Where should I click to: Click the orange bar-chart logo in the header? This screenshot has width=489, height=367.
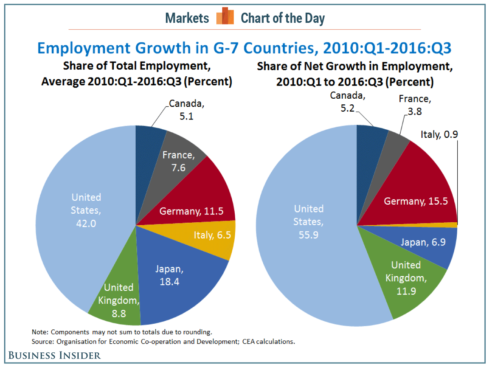[225, 17]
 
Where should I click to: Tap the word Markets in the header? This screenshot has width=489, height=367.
[187, 18]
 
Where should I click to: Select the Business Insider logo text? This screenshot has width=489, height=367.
[54, 355]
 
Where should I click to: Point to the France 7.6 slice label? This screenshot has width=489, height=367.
[178, 161]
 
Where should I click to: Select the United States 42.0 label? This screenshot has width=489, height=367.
[86, 210]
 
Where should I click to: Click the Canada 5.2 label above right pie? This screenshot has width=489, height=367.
[346, 102]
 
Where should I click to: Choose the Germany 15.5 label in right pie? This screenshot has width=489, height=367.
[416, 201]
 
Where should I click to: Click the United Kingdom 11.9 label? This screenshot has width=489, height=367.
[408, 279]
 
